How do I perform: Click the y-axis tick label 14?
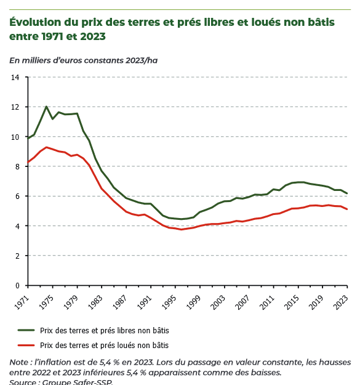pyautogui.click(x=15, y=78)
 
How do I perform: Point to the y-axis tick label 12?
pyautogui.click(x=15, y=107)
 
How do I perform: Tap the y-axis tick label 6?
pyautogui.click(x=17, y=196)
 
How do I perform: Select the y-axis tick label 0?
pyautogui.click(x=17, y=286)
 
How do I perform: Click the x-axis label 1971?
pyautogui.click(x=22, y=302)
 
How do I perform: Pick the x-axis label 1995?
pyautogui.click(x=169, y=302)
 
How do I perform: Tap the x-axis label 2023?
pyautogui.click(x=341, y=302)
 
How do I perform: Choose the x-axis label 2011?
pyautogui.click(x=267, y=302)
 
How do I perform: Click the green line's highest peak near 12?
pyautogui.click(x=46, y=107)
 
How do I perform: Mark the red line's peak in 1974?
pyautogui.click(x=46, y=147)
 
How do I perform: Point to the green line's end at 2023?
pyautogui.click(x=347, y=193)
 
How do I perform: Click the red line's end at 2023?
pyautogui.click(x=347, y=209)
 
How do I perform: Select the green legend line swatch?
pyautogui.click(x=26, y=331)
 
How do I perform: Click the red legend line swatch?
pyautogui.click(x=26, y=345)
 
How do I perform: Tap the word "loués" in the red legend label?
pyautogui.click(x=126, y=345)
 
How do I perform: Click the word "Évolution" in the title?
pyautogui.click(x=35, y=22)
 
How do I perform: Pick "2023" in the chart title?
pyautogui.click(x=93, y=36)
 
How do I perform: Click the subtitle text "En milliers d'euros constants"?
pyautogui.click(x=67, y=60)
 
